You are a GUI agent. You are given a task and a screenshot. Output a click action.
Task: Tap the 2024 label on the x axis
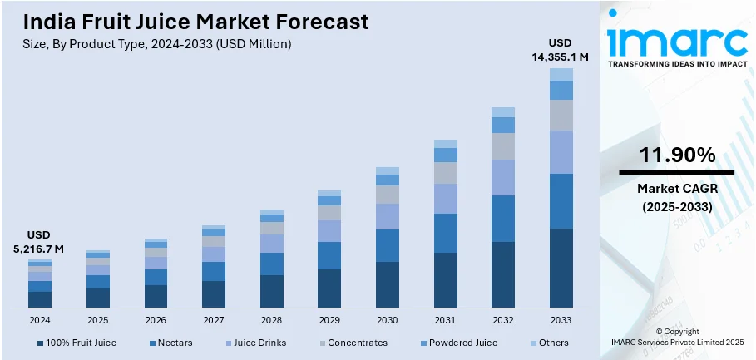click(39, 320)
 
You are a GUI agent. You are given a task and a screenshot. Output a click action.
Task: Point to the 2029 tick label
click(329, 320)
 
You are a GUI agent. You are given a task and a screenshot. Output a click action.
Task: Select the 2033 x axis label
click(561, 320)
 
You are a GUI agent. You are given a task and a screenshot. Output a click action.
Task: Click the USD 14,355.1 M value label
click(561, 50)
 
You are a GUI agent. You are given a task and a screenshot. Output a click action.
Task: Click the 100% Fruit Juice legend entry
click(77, 343)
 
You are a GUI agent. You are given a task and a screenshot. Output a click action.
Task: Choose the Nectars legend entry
click(173, 343)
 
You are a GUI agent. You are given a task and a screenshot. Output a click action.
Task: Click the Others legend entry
click(548, 343)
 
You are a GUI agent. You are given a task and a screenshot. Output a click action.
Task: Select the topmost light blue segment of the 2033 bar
click(561, 74)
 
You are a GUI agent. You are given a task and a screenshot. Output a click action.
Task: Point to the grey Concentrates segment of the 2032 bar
click(503, 146)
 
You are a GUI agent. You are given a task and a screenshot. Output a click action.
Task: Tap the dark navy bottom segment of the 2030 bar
click(388, 285)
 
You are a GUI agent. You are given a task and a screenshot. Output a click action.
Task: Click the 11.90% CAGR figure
click(676, 155)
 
